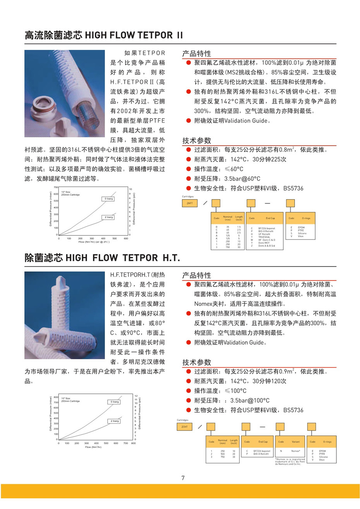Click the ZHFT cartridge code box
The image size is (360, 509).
[x=190, y=203]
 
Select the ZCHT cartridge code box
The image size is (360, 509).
[x=184, y=427]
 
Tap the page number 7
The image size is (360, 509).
[x=183, y=478]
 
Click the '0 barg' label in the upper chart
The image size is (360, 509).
[x=109, y=198]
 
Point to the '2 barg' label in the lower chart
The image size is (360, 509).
[x=115, y=421]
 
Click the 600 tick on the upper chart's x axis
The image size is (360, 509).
[x=126, y=239]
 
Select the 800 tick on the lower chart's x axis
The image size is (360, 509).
[x=133, y=443]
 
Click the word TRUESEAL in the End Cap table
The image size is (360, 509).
[x=264, y=237]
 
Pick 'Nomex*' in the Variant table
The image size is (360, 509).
[x=295, y=451]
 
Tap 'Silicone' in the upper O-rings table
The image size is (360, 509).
[x=302, y=233]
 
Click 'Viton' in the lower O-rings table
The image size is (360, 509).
[x=322, y=460]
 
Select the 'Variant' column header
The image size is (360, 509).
[x=295, y=442]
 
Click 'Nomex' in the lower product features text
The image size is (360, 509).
[x=204, y=304]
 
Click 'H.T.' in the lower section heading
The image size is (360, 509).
[x=171, y=258]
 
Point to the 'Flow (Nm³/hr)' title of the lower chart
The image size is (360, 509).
[x=93, y=447]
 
